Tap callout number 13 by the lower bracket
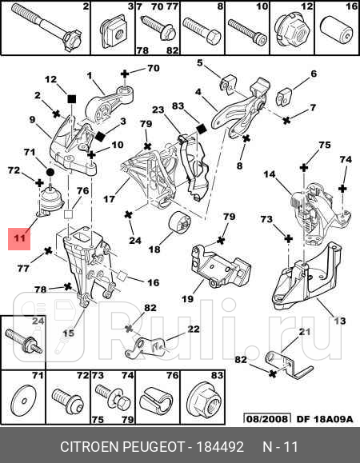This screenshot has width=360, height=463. click(340, 321)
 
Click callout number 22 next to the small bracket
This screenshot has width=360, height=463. click(194, 329)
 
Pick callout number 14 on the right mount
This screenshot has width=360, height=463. click(270, 174)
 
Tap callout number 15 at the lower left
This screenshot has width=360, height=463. click(69, 333)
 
